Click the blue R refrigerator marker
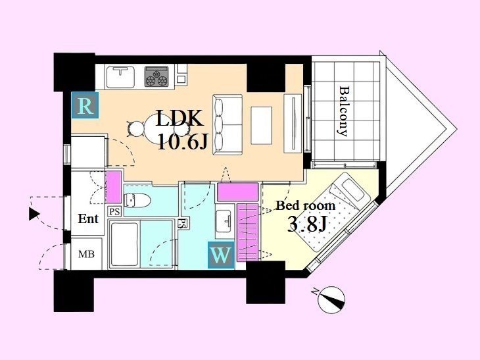pyautogui.click(x=85, y=105)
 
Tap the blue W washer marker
pyautogui.click(x=221, y=255)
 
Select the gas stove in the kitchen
pyautogui.click(x=156, y=76)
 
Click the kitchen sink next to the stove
pyautogui.click(x=120, y=77)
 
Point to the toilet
pyautogui.click(x=137, y=201)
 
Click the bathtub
pyautogui.click(x=124, y=244)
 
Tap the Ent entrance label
pyautogui.click(x=88, y=219)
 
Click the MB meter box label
pyautogui.click(x=86, y=254)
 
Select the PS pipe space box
pyautogui.click(x=115, y=211)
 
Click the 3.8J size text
pyautogui.click(x=307, y=225)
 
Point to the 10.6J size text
pyautogui.click(x=183, y=141)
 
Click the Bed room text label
pyautogui.click(x=306, y=205)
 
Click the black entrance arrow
pyautogui.click(x=34, y=214)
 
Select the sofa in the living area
pyautogui.click(x=228, y=124)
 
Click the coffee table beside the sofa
pyautogui.click(x=262, y=125)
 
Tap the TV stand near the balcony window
pyautogui.click(x=293, y=124)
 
